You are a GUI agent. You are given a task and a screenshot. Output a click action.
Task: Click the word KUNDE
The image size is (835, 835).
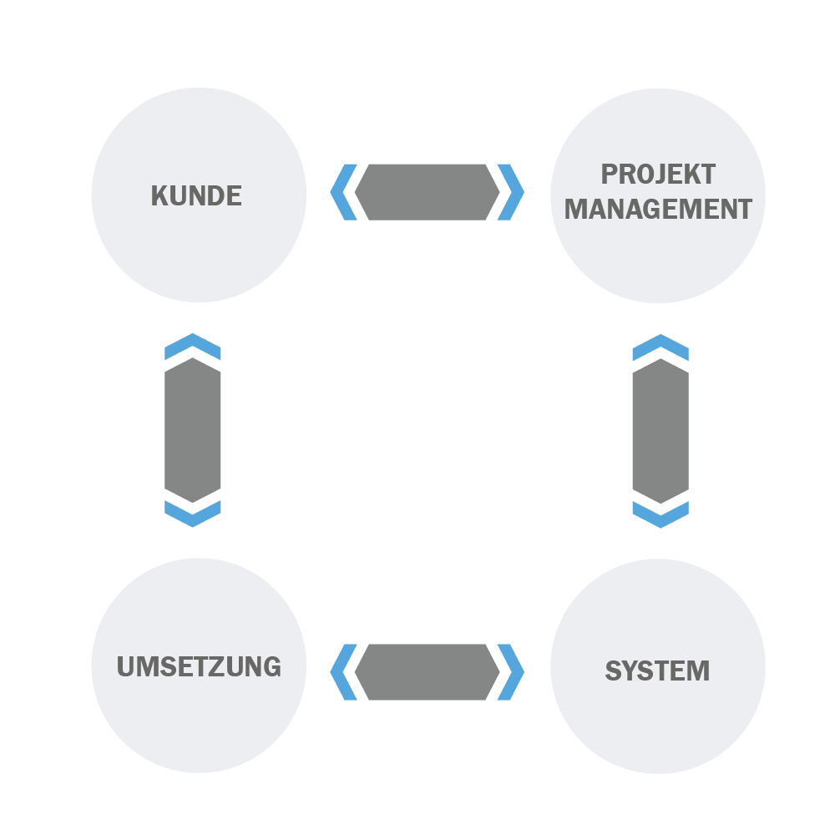196,195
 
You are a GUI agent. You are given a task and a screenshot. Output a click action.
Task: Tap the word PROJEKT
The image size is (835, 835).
658,175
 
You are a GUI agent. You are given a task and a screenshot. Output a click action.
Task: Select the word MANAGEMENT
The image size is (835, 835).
658,209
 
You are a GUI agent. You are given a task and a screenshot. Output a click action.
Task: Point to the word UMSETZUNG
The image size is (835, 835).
199,666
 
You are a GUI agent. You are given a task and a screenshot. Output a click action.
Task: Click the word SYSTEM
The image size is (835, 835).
657,671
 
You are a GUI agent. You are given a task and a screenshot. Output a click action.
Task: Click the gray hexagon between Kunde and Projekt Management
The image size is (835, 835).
427,192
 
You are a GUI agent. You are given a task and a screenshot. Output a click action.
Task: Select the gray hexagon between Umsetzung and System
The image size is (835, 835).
427,672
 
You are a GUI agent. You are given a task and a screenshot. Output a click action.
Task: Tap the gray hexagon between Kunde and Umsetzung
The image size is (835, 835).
192,430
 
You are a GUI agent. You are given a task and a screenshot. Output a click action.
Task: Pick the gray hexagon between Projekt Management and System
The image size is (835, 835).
660,431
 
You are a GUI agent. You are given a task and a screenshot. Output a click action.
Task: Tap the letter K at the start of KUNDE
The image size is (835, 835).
159,195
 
